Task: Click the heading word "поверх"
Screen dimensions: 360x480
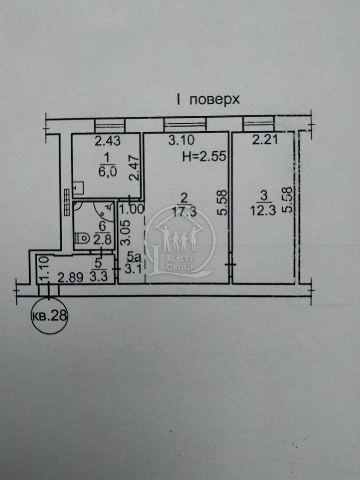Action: pos(214,100)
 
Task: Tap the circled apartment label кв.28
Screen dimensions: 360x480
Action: pos(49,315)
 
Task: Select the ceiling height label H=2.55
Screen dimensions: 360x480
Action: pos(204,157)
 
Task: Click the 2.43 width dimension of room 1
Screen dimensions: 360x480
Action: pos(107,141)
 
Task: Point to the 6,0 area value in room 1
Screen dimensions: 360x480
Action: pos(107,172)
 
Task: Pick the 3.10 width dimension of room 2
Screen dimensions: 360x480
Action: pos(181,140)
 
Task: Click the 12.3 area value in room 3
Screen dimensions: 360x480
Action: pos(262,211)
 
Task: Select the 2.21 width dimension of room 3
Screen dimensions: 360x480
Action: pos(265,140)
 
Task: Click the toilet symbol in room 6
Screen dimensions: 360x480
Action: pos(82,238)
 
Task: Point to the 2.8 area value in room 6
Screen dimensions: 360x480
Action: pos(103,239)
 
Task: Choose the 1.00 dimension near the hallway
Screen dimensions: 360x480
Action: pos(131,210)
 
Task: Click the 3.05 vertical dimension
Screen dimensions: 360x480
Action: pos(126,232)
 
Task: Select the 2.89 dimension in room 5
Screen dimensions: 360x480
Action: pos(70,277)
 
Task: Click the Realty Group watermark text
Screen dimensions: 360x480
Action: pos(180,262)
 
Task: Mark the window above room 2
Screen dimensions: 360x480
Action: pos(185,124)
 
